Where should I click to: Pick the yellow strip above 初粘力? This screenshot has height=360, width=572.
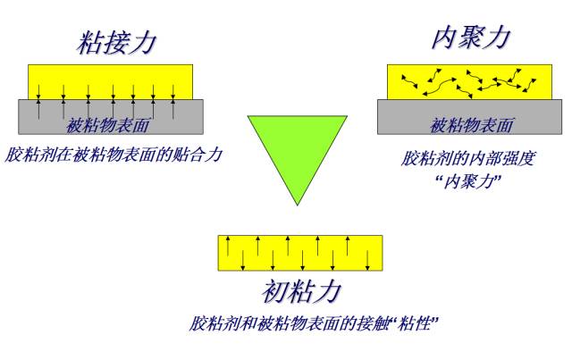(299, 253)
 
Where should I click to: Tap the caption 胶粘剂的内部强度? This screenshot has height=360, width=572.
(457, 160)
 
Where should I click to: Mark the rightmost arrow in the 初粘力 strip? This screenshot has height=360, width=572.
(367, 259)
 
